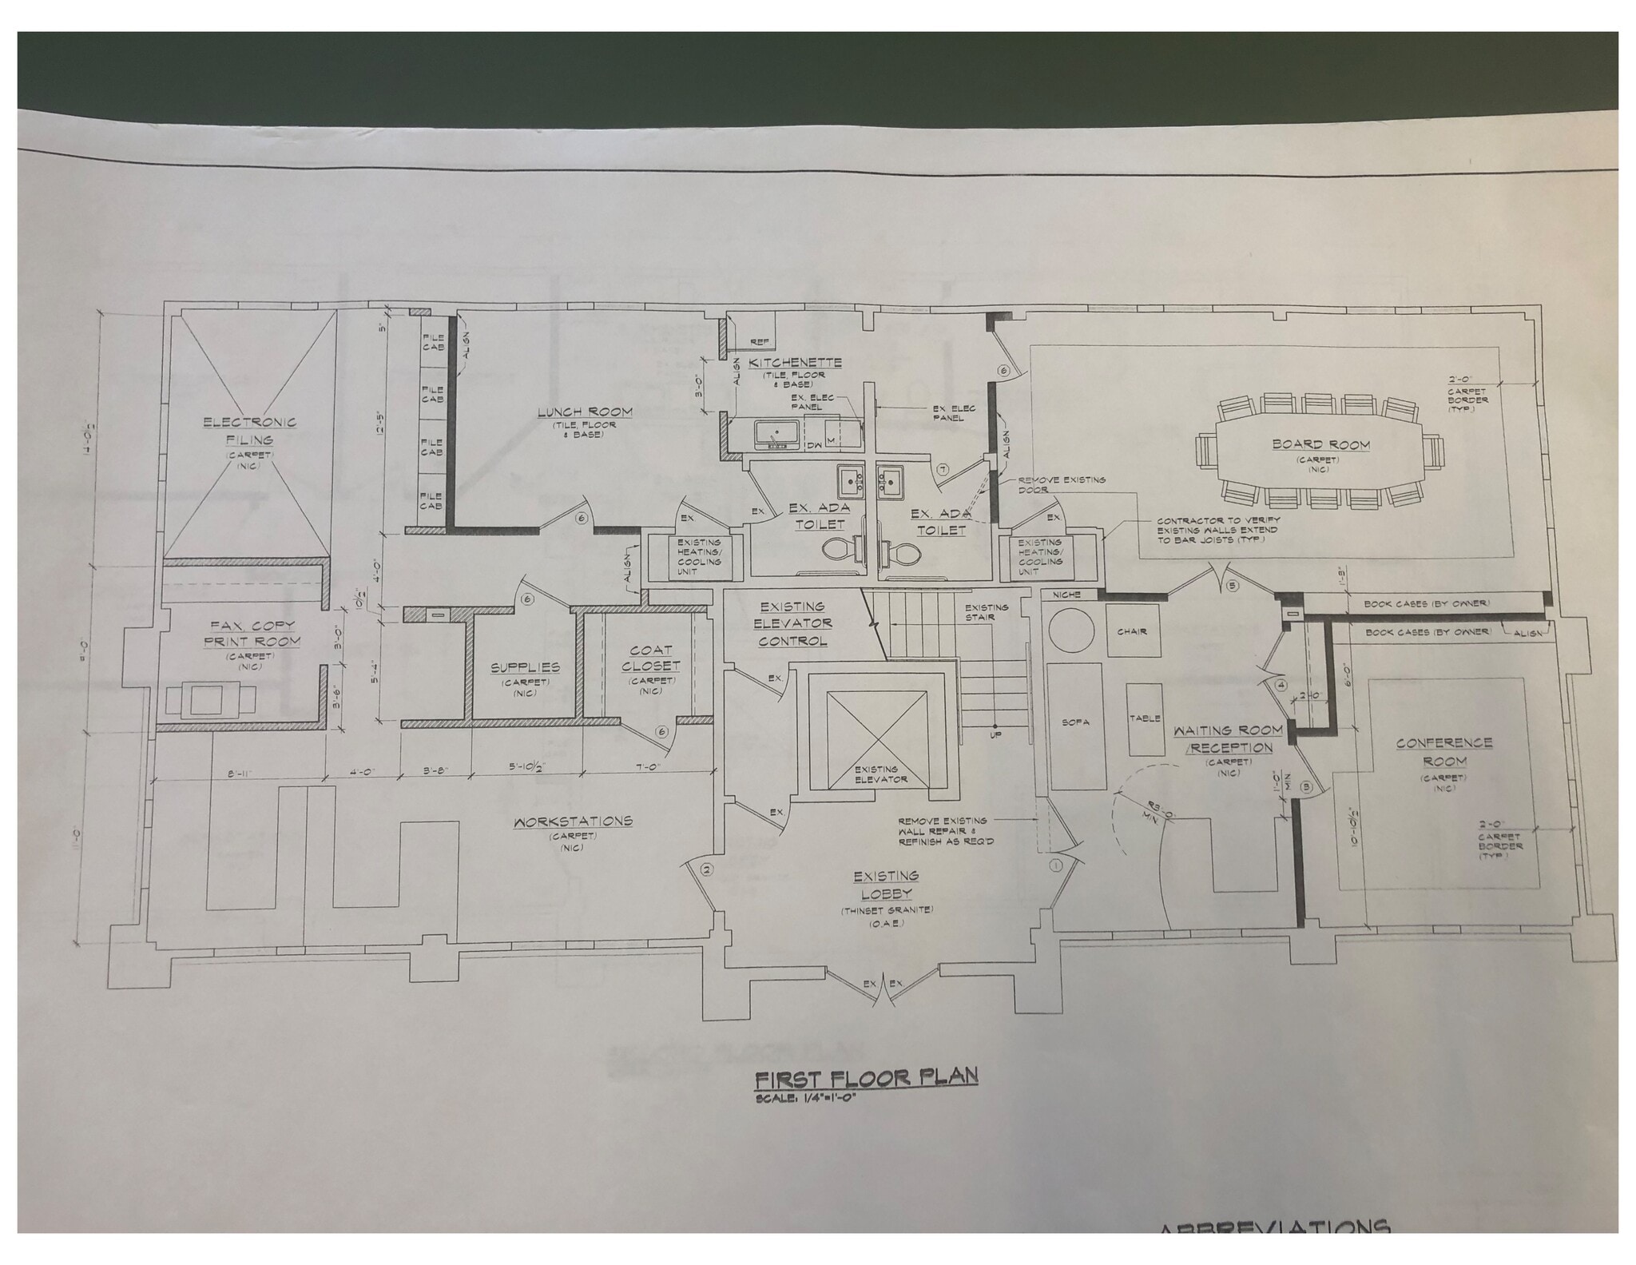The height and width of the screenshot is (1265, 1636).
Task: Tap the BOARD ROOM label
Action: [x=1321, y=444]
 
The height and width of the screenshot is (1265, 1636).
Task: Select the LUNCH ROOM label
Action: [x=584, y=412]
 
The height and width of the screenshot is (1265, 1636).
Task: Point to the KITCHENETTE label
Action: [x=795, y=362]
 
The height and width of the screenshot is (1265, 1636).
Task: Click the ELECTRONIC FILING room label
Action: [x=249, y=431]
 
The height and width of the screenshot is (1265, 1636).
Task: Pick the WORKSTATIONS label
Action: [x=573, y=821]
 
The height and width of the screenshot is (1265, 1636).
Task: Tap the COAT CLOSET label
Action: [x=651, y=658]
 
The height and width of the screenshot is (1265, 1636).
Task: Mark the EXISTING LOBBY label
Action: [x=885, y=885]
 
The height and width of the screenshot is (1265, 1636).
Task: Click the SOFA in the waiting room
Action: [x=1075, y=722]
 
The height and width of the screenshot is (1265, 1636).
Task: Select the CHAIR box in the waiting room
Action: [x=1132, y=631]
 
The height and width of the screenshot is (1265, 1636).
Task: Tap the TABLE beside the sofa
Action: [x=1144, y=718]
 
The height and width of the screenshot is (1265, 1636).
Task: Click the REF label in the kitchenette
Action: [x=760, y=342]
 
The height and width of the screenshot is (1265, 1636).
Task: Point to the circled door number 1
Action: [x=1055, y=865]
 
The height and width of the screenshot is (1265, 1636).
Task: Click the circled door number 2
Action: [x=705, y=869]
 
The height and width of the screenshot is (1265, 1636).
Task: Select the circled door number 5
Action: [x=1232, y=586]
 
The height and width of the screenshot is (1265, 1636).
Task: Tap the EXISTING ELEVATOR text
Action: [x=880, y=774]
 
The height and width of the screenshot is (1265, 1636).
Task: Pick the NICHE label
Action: [x=1066, y=595]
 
